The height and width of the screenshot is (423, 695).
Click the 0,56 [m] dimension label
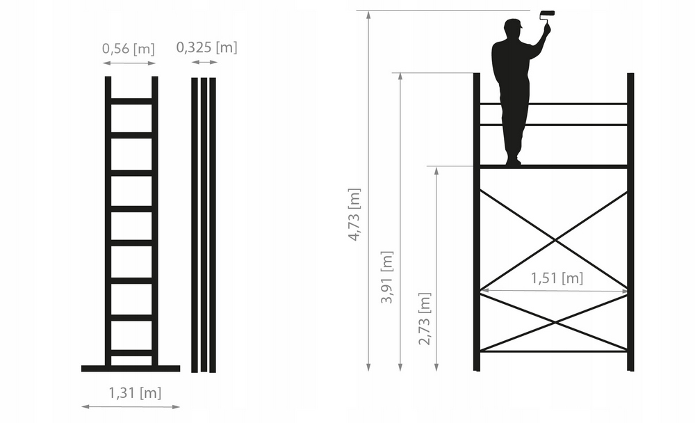coord(128,48)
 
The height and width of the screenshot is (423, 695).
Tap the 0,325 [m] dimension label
coord(206,47)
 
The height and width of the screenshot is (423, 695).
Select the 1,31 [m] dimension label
coord(135,392)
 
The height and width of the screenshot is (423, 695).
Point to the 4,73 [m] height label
coord(354,214)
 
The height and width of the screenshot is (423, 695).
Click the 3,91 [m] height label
coord(387,277)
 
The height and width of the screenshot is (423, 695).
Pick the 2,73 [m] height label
coord(424,318)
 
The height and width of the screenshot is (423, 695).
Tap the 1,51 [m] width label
coord(557,278)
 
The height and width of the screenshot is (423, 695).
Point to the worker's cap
coord(514,23)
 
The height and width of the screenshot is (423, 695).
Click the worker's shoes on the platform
coord(514,161)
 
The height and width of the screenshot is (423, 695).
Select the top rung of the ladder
coord(131,101)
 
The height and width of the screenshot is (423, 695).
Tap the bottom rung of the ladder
coord(131,353)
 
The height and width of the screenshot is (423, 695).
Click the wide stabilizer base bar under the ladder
coord(131,369)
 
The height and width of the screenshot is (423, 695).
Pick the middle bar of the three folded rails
coord(204,225)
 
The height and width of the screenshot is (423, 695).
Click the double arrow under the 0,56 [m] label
coord(129,63)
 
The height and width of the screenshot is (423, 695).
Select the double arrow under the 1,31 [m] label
coord(131,406)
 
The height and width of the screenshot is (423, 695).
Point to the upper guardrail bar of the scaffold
coord(554,104)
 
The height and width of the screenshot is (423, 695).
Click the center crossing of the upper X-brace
coord(555,240)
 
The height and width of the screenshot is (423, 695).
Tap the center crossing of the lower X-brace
coord(555,322)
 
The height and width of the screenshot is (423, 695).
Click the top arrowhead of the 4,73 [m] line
coord(368,15)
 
